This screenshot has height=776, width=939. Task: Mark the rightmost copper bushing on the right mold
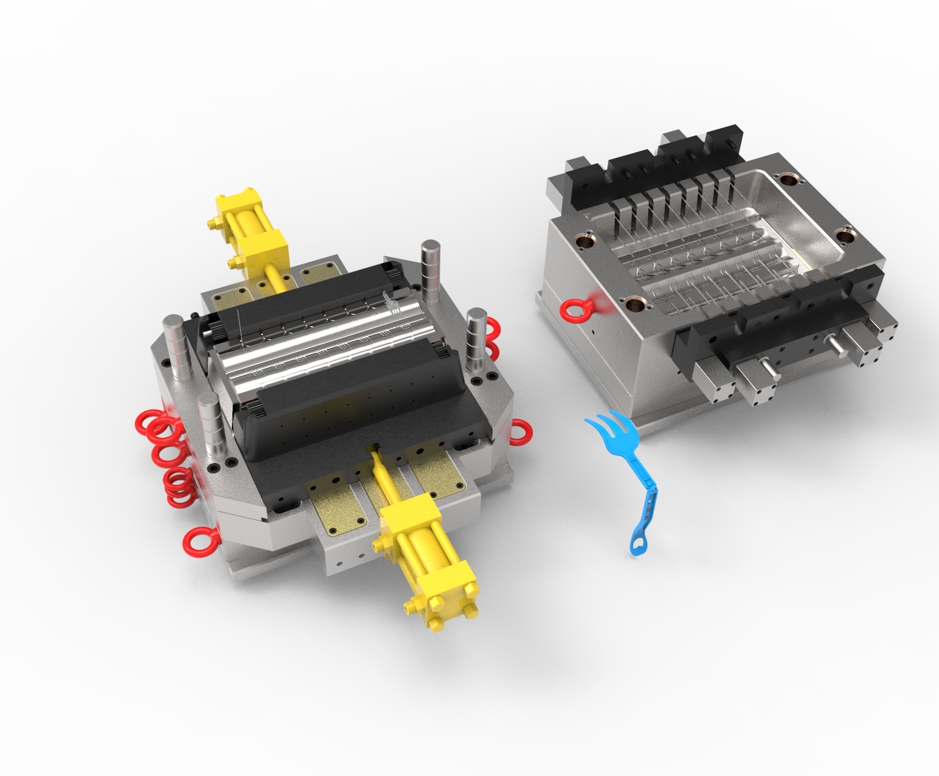(846, 235)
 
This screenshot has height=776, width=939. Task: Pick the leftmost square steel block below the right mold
(713, 381)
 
